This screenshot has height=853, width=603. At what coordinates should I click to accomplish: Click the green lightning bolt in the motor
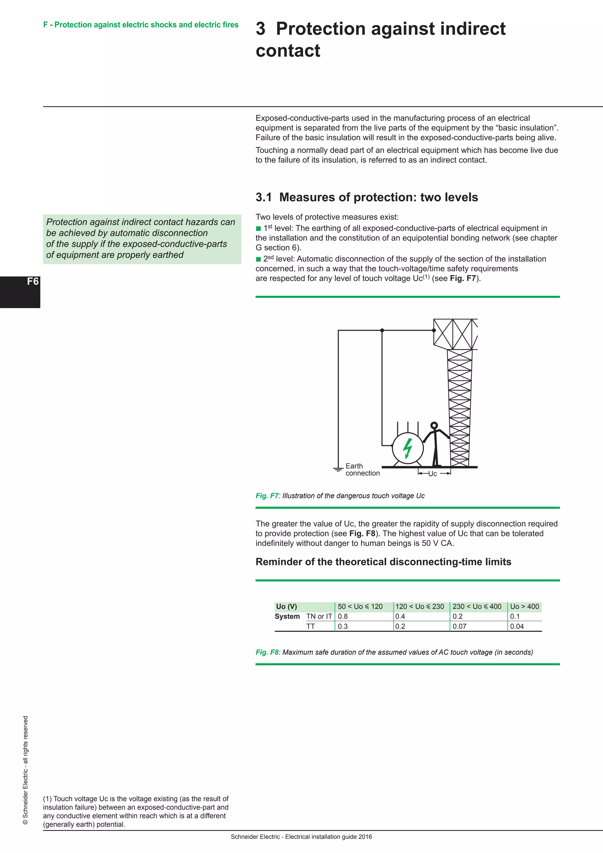408,448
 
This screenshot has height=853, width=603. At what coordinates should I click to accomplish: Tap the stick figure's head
434,426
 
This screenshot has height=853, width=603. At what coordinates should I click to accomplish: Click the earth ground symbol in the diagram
338,470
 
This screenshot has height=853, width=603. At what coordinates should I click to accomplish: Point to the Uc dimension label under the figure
433,474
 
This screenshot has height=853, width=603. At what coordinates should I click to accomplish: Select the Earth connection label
362,470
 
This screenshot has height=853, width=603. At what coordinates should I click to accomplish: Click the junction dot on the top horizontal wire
382,330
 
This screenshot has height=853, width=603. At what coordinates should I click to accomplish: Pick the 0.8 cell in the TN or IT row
343,616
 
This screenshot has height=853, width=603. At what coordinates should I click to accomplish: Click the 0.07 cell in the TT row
459,626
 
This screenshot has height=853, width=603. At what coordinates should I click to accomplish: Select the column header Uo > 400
524,606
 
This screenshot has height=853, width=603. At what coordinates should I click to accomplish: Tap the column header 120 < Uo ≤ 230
420,606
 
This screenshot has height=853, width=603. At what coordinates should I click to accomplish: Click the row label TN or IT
319,616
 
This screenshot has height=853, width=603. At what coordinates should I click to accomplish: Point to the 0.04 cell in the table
517,626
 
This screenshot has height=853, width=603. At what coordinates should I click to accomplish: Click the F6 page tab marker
33,281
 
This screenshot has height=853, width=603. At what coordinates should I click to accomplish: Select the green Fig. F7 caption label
266,496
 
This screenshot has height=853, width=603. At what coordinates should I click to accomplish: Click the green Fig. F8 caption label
266,652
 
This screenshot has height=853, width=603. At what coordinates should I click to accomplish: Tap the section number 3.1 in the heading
264,197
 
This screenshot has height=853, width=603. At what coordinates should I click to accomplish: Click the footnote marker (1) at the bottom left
47,799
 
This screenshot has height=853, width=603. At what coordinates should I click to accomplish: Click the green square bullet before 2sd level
259,259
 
